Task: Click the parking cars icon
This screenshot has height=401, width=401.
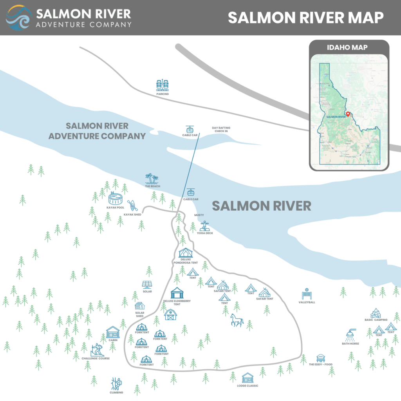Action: tap(163, 85)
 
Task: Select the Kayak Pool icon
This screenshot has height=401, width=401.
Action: tap(115, 198)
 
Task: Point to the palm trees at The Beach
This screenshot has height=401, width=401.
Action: tap(152, 179)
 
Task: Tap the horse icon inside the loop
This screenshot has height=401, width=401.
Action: tap(237, 320)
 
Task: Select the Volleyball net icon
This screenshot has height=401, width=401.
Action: tap(306, 294)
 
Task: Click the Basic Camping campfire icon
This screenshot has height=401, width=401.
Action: tap(376, 313)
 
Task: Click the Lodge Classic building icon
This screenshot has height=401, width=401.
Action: tap(247, 378)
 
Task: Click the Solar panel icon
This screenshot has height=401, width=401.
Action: tap(147, 285)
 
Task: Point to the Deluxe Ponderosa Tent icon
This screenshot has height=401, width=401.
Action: tap(185, 253)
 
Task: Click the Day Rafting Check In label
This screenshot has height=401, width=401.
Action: tap(220, 129)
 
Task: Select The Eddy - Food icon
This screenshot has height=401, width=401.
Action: tap(321, 358)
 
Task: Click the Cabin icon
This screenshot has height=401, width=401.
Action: tap(113, 332)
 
